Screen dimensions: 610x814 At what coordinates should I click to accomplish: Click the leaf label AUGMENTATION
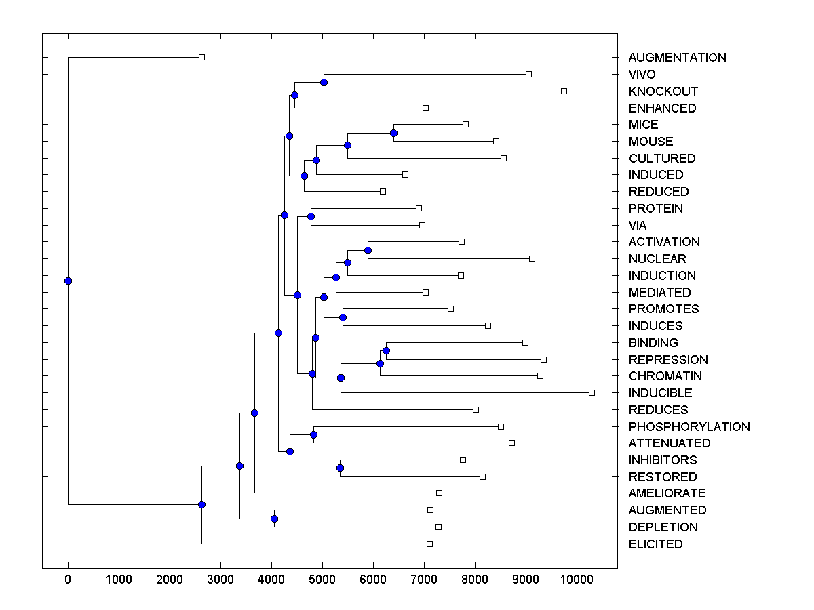[677, 58]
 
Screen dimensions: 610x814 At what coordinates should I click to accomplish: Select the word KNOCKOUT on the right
[663, 91]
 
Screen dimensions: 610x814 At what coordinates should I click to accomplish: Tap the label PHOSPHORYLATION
[689, 426]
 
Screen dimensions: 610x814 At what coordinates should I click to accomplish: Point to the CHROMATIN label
[665, 376]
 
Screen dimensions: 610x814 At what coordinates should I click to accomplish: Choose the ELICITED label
[655, 544]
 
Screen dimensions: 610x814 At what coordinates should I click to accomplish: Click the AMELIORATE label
[667, 493]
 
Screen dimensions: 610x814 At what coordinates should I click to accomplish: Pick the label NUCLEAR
[657, 259]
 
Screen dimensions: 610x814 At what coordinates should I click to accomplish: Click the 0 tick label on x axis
[68, 579]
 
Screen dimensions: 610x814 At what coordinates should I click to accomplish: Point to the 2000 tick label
[170, 579]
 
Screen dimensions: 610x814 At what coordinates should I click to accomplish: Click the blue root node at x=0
[68, 281]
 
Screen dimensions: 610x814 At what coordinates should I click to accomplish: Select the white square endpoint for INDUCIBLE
[592, 392]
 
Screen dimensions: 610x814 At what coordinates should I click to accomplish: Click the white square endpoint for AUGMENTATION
[201, 58]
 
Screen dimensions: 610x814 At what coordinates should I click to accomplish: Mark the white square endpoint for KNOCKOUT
[564, 91]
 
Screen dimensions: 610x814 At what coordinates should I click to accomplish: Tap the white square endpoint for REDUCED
[383, 191]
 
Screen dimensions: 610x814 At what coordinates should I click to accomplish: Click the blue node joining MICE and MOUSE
[393, 133]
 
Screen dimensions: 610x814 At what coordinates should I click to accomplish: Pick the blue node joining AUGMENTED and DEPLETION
[274, 519]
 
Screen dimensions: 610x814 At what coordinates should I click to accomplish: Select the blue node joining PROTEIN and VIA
[311, 216]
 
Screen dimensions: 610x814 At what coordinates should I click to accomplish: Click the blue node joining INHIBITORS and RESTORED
[340, 468]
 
